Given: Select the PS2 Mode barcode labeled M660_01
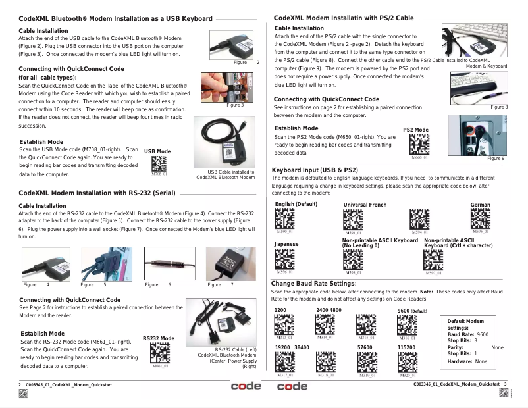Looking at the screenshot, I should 419,145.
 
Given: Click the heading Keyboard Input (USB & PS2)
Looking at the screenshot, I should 315,170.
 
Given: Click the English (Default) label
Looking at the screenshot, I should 296,205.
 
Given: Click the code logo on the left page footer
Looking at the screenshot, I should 246,386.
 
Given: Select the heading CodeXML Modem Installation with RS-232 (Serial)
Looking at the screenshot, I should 96,193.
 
